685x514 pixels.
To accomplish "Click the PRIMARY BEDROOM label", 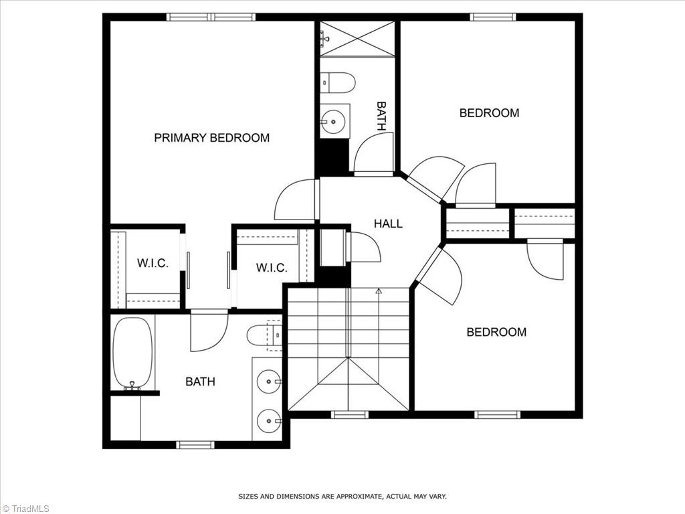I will [x=211, y=138].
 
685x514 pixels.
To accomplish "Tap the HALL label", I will [x=388, y=224].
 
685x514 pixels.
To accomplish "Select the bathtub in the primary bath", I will [x=132, y=353].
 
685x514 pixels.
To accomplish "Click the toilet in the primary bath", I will [x=261, y=335].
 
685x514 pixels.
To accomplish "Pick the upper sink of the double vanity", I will [x=269, y=381].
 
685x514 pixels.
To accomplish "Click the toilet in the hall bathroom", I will [x=338, y=82].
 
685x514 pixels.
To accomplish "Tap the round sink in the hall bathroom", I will [x=332, y=121].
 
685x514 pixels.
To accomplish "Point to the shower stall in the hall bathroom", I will [x=357, y=39].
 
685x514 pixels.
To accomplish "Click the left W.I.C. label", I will [x=153, y=263].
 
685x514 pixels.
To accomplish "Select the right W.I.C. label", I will [x=272, y=268].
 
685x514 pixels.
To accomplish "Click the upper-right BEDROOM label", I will [x=489, y=113].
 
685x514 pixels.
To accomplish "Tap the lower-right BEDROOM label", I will [x=496, y=332].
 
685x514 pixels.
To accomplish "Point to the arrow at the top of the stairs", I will [x=379, y=291].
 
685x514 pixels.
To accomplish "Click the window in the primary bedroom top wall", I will [x=211, y=17].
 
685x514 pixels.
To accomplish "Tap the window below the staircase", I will [x=350, y=415].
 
